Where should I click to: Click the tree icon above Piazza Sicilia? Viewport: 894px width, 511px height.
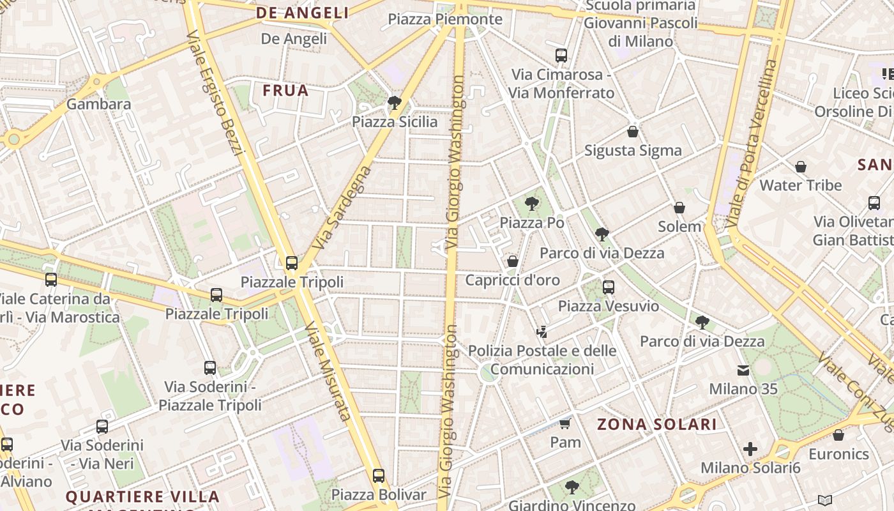coord(394,102)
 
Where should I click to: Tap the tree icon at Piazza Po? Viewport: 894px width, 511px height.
coord(531,204)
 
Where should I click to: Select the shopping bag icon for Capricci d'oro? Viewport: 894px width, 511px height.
coord(512,261)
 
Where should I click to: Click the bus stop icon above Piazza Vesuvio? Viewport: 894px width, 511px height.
coord(608,287)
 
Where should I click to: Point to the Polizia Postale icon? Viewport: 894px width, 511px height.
coord(542,332)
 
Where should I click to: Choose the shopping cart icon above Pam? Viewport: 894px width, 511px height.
coord(564,423)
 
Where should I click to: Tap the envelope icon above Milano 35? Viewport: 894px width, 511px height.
coord(743,370)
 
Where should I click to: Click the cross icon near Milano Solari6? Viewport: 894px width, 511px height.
coord(750,449)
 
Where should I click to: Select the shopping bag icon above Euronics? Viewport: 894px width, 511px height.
coord(838,435)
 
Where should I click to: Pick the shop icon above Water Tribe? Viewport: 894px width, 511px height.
coord(801,167)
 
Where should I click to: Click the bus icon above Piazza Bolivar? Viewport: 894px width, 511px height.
coord(379,476)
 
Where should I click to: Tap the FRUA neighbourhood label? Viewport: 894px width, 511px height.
coord(285,91)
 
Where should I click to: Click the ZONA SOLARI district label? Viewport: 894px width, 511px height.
coord(657,424)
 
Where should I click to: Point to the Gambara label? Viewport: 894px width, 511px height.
coord(98,104)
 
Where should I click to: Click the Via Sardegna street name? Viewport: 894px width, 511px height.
coord(342,208)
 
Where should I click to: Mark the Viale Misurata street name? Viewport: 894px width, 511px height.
coord(327,372)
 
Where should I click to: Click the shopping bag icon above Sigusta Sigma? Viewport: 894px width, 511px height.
coord(632,132)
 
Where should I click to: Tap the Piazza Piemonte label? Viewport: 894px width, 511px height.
coord(445,19)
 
